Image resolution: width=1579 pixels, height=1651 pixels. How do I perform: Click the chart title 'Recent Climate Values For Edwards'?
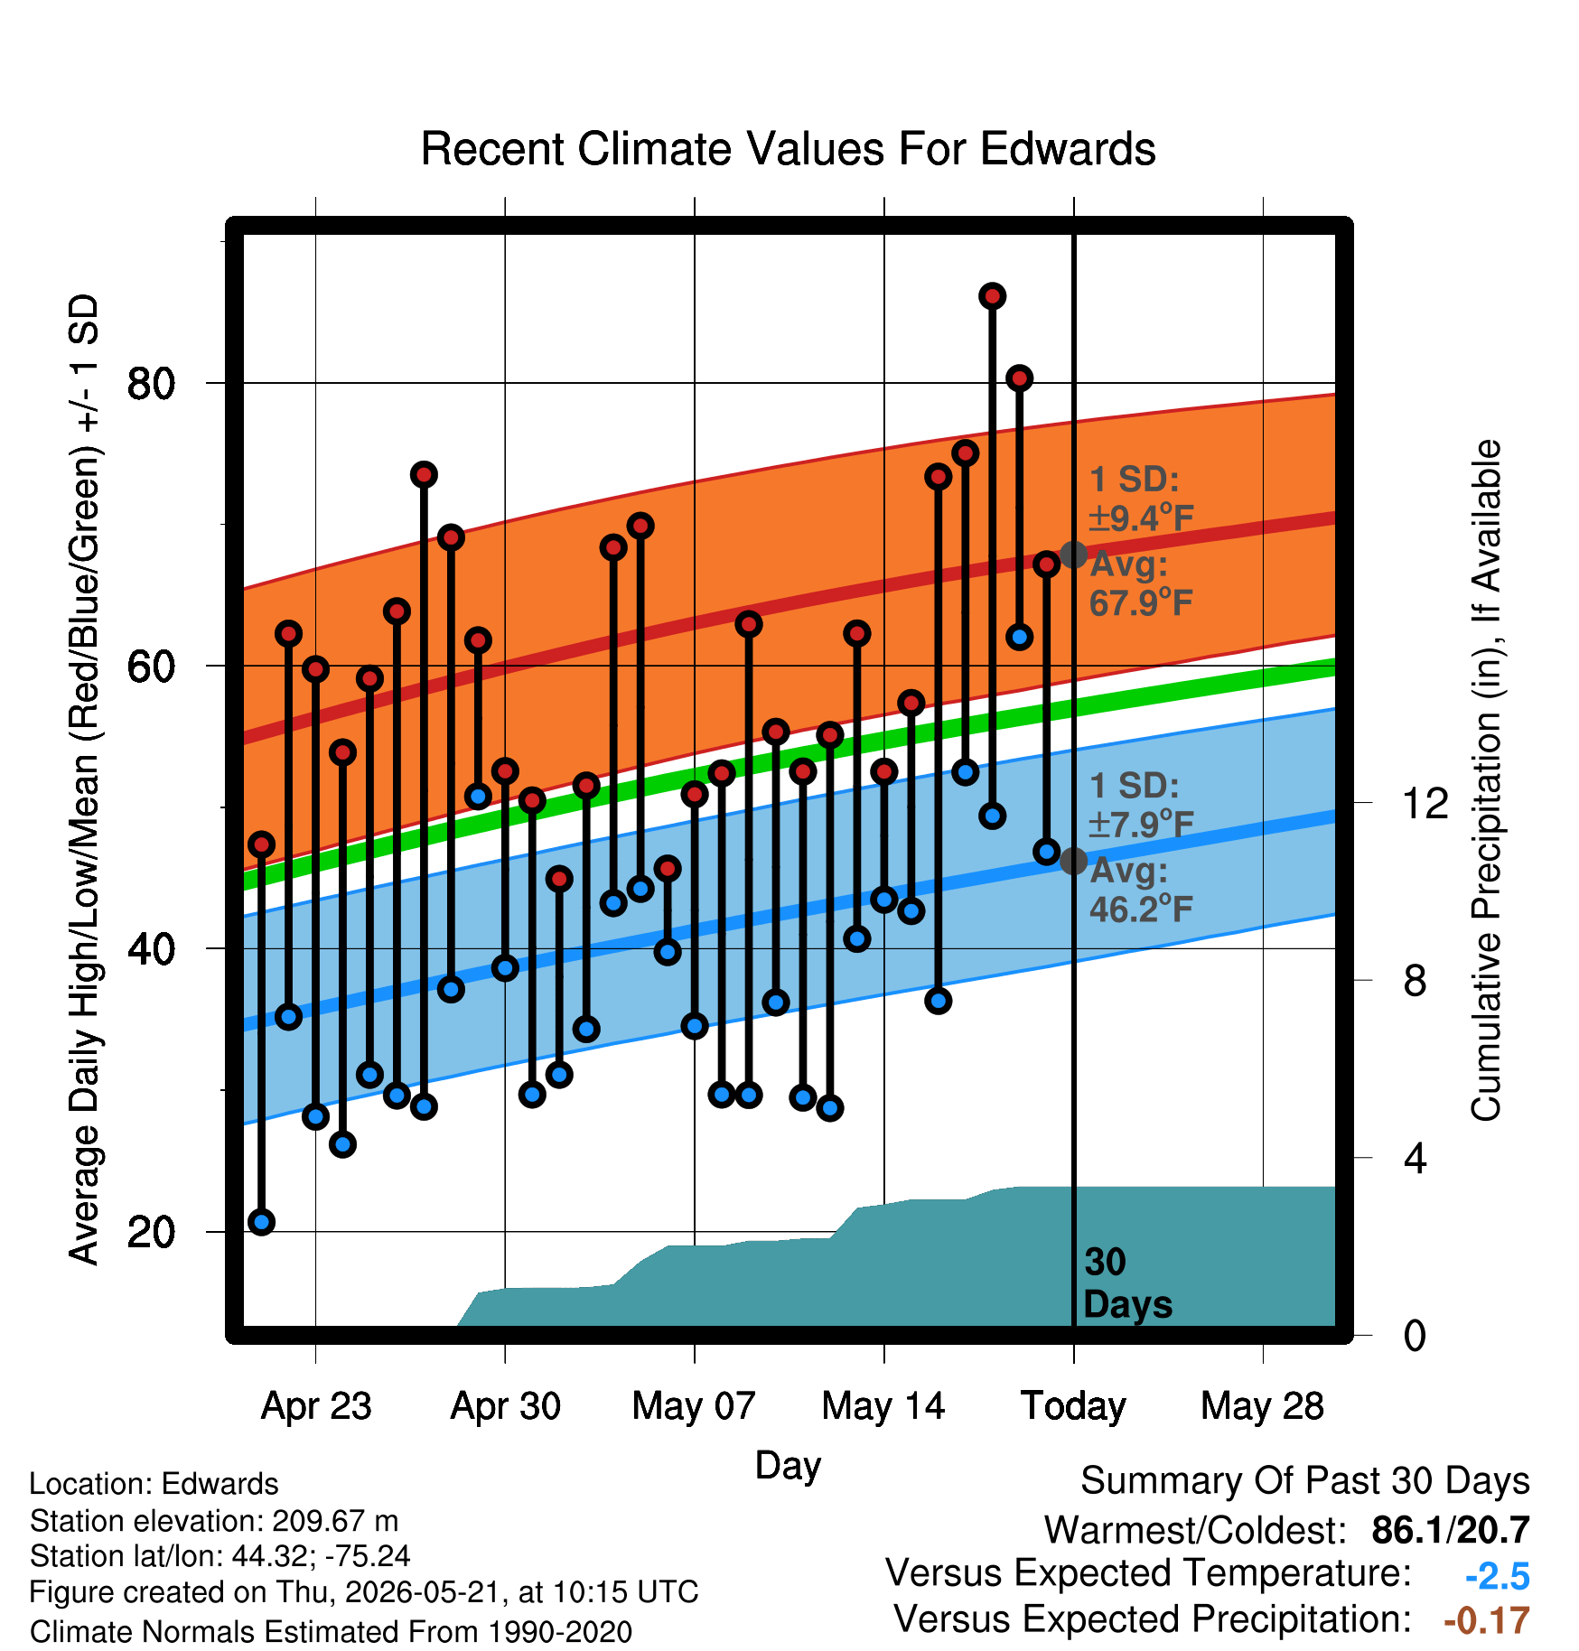pos(788,149)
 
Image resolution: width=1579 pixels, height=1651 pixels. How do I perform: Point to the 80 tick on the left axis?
pos(151,384)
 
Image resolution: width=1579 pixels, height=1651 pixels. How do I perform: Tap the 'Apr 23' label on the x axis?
pos(316,1406)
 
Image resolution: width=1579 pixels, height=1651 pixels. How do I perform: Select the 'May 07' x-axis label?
pos(694,1406)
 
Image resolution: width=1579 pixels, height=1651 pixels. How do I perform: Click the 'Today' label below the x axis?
pos(1073,1406)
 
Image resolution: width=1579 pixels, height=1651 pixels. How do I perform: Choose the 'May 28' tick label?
pos(1263,1406)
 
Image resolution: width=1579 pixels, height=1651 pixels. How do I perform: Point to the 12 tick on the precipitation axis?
pos(1425,803)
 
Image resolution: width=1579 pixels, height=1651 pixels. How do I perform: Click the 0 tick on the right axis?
pos(1415,1335)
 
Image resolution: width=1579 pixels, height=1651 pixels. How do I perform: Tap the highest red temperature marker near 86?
pos(993,296)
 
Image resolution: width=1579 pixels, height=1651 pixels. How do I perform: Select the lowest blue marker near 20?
pos(262,1222)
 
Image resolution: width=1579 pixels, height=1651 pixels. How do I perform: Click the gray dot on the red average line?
pos(1073,555)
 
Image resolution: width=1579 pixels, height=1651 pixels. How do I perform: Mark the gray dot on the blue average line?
pos(1073,861)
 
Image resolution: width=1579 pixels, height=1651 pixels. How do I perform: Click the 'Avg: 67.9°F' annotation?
pos(1141,583)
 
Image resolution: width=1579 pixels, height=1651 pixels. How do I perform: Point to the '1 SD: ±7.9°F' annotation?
pos(1141,805)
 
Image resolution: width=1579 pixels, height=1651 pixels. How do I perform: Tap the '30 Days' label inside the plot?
pos(1127,1283)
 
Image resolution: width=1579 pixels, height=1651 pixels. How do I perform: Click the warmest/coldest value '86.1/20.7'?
pos(1451,1530)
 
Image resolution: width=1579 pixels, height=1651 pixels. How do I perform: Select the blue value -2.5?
pos(1498,1576)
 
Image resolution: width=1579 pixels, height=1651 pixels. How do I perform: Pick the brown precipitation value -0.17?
pos(1487,1620)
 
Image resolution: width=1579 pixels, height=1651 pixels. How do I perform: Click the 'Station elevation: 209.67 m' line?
pos(214,1521)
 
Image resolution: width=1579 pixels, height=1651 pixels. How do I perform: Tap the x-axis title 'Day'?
pos(788,1466)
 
